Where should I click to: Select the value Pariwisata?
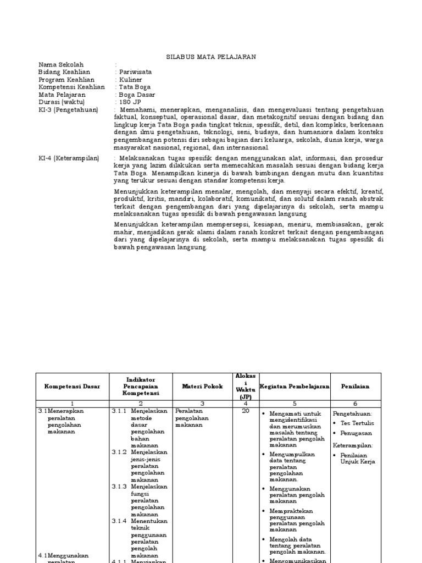click(135, 72)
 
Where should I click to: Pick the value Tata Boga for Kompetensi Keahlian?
click(134, 87)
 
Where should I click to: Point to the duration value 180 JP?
click(130, 102)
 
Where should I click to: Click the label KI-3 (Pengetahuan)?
click(68, 110)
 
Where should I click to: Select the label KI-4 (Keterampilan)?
click(69, 158)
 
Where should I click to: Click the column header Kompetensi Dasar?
click(73, 387)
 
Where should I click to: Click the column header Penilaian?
click(355, 387)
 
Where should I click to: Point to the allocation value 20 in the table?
click(246, 411)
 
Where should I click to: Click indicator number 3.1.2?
click(120, 452)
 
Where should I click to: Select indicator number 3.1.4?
click(120, 521)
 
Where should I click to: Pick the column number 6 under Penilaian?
click(355, 403)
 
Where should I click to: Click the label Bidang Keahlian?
click(64, 72)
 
